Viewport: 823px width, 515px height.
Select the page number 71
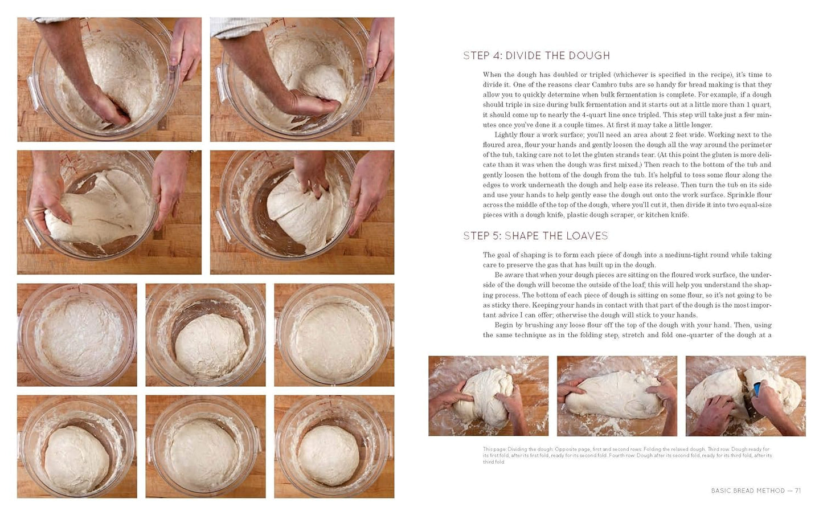pos(797,491)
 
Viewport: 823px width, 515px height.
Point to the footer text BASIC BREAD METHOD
pos(748,491)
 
